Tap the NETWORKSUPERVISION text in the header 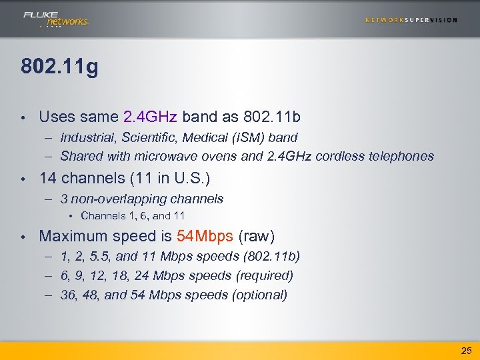click(411, 20)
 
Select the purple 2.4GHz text click(150, 117)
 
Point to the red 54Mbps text click(205, 236)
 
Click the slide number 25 click(465, 350)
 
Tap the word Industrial click(85, 137)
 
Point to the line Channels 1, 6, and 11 click(132, 215)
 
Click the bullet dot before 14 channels click(23, 179)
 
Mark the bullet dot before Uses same click(23, 118)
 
